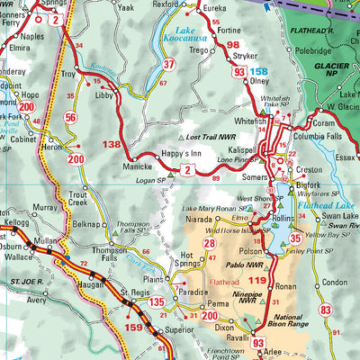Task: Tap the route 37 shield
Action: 168,65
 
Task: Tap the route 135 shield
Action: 157,302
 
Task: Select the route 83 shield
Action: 326,310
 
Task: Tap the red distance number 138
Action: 111,144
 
